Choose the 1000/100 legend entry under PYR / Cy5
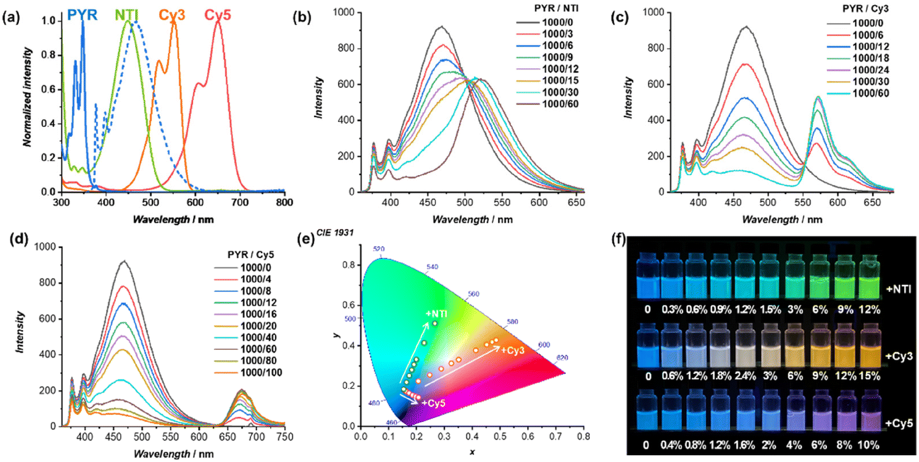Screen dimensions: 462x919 [x=255, y=372]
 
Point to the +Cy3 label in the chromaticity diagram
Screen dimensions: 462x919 [x=514, y=350]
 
